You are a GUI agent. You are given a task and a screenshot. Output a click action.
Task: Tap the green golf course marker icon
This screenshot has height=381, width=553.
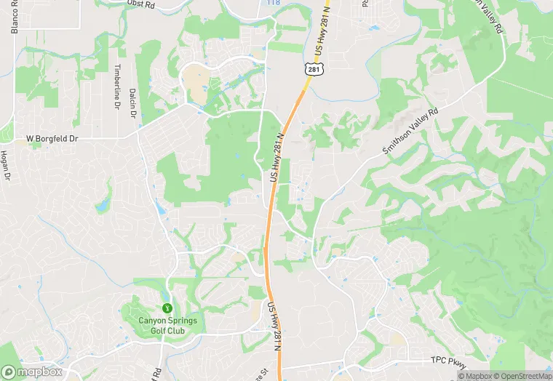tap(167, 309)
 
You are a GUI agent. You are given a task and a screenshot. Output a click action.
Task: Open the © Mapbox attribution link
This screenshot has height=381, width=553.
tap(475, 375)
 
